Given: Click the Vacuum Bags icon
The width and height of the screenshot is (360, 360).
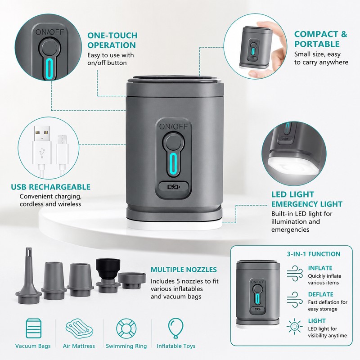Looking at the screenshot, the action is pos(33,328).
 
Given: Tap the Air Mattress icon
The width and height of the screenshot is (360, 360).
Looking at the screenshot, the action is pos(79,328).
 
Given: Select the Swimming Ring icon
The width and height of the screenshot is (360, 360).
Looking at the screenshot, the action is pos(126,328).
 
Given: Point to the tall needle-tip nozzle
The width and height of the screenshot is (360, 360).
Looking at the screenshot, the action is pos(28,275).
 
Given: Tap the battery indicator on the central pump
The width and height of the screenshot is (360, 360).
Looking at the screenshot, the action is pos(174,187).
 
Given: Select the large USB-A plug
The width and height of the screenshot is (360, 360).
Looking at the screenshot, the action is pos(42,145).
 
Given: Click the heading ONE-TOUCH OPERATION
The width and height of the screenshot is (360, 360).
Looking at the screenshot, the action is pos(112,40).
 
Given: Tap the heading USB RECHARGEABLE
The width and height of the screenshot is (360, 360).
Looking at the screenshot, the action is pos(51,187).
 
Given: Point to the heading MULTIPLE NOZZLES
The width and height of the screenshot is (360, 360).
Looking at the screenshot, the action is pos(184,270).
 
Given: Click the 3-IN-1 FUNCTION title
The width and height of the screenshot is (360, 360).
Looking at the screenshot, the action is pos(314,254).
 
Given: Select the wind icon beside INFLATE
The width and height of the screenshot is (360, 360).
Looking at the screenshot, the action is pos(295,274).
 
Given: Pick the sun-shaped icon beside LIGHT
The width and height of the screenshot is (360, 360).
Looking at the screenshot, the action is pos(295,326).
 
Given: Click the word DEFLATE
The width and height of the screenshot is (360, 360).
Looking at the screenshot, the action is pos(320,294).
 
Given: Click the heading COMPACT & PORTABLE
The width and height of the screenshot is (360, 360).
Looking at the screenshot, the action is pos(321,39).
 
